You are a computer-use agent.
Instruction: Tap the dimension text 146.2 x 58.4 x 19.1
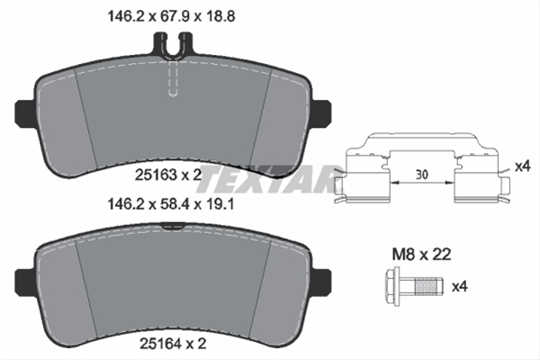171,204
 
